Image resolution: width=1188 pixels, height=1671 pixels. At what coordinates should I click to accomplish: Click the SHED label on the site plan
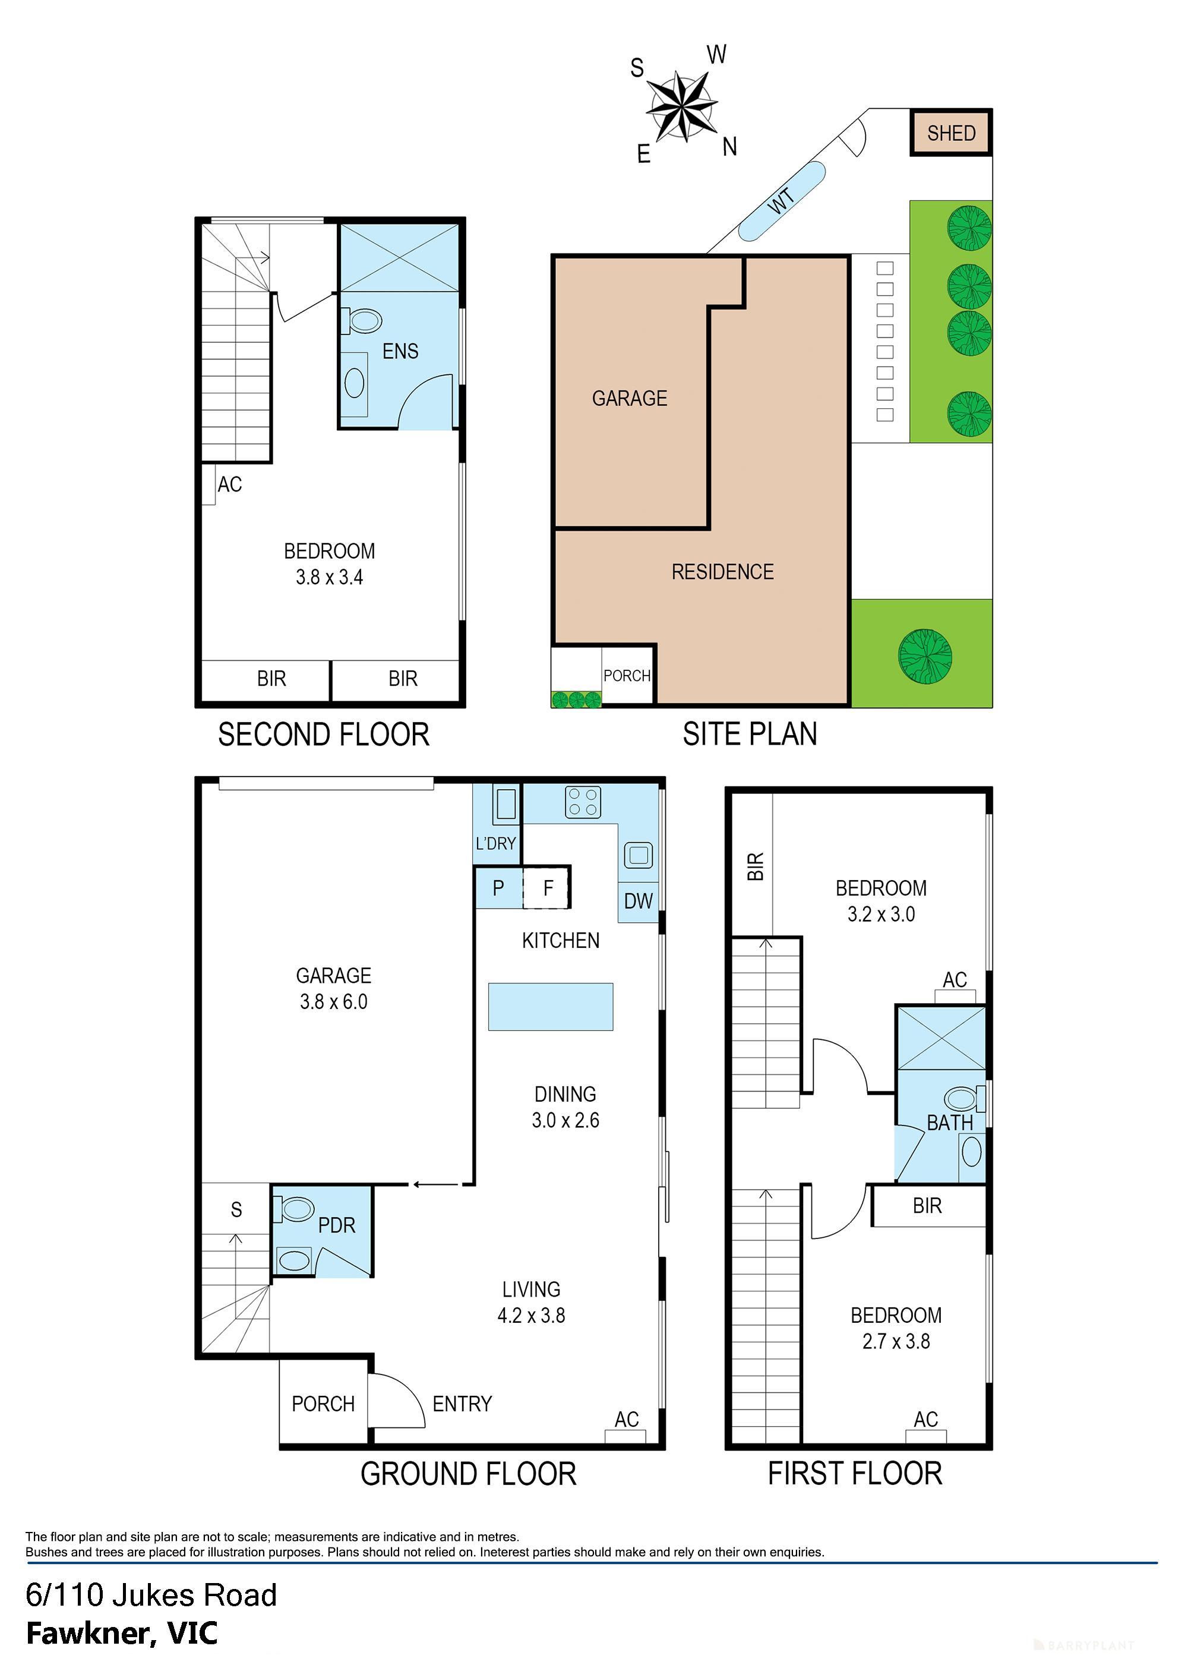tap(951, 133)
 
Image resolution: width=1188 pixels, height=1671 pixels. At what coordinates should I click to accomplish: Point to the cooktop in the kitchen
tap(583, 802)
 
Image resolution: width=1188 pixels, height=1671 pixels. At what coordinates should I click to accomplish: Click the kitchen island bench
tap(550, 1007)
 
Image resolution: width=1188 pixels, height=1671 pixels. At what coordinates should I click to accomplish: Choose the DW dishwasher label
tap(638, 901)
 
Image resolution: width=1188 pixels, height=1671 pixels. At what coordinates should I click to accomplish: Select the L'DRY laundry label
tap(496, 844)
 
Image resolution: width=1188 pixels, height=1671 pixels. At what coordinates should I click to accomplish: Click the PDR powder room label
tap(337, 1225)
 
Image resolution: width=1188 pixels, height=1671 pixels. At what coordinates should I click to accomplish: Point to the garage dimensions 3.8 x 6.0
tap(334, 1001)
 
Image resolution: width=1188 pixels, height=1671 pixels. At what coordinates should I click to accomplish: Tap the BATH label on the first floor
tap(950, 1123)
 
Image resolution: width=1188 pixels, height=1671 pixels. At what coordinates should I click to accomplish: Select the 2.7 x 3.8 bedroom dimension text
tap(896, 1341)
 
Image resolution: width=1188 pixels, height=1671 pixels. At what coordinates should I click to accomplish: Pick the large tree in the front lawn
tap(925, 655)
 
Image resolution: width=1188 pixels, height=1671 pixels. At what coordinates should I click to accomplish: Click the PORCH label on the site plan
tap(627, 675)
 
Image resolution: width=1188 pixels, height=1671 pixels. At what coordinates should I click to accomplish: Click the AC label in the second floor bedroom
tap(230, 484)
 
